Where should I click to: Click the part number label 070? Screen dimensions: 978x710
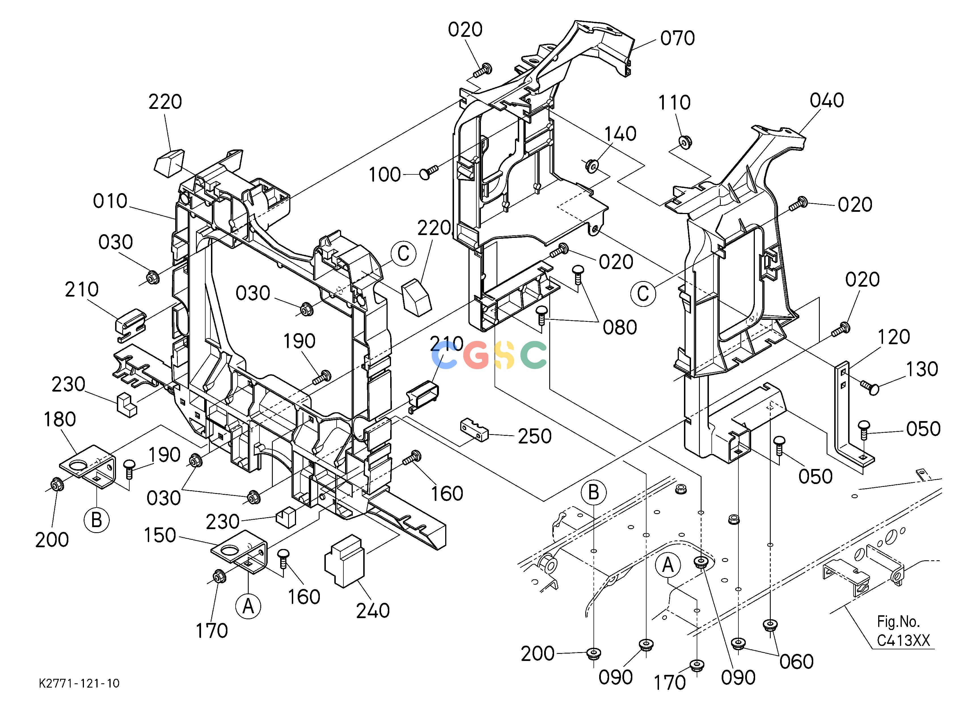[x=677, y=38]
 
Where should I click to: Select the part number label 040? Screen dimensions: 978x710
[x=827, y=100]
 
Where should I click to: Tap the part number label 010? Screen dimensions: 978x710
[x=110, y=201]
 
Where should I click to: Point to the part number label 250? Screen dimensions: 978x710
[x=535, y=436]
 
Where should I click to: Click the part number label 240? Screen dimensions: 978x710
[x=373, y=611]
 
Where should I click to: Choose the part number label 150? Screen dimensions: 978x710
[x=160, y=535]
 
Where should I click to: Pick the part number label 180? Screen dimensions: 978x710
[x=60, y=419]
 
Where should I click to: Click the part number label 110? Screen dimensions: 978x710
[x=674, y=103]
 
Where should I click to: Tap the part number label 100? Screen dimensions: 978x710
[x=385, y=175]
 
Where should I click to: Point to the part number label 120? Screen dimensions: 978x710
[x=893, y=337]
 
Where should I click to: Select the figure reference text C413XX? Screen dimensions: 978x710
[x=903, y=641]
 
